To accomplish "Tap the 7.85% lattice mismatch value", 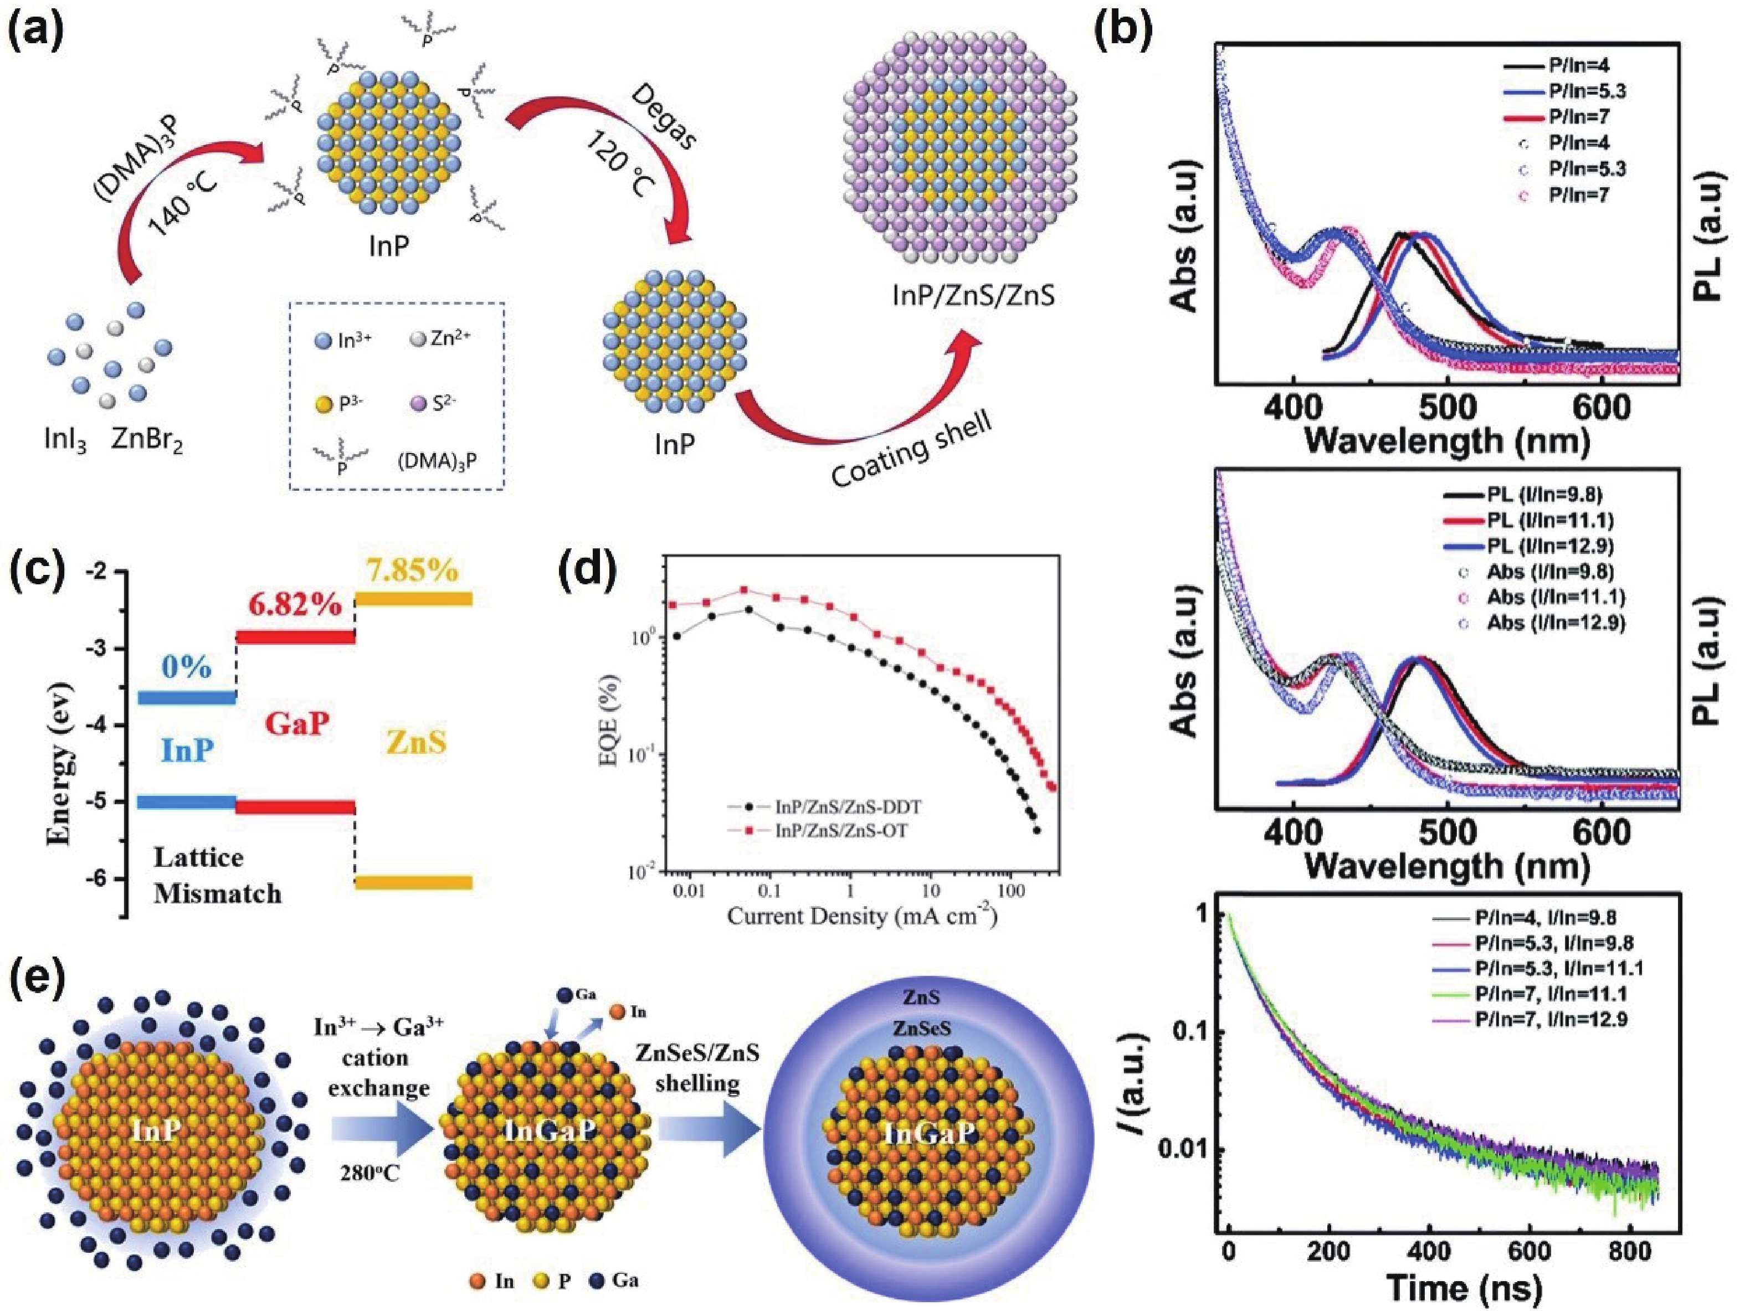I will coord(412,569).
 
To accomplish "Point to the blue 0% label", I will coord(187,668).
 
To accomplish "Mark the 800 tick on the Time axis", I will coord(1631,1251).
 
